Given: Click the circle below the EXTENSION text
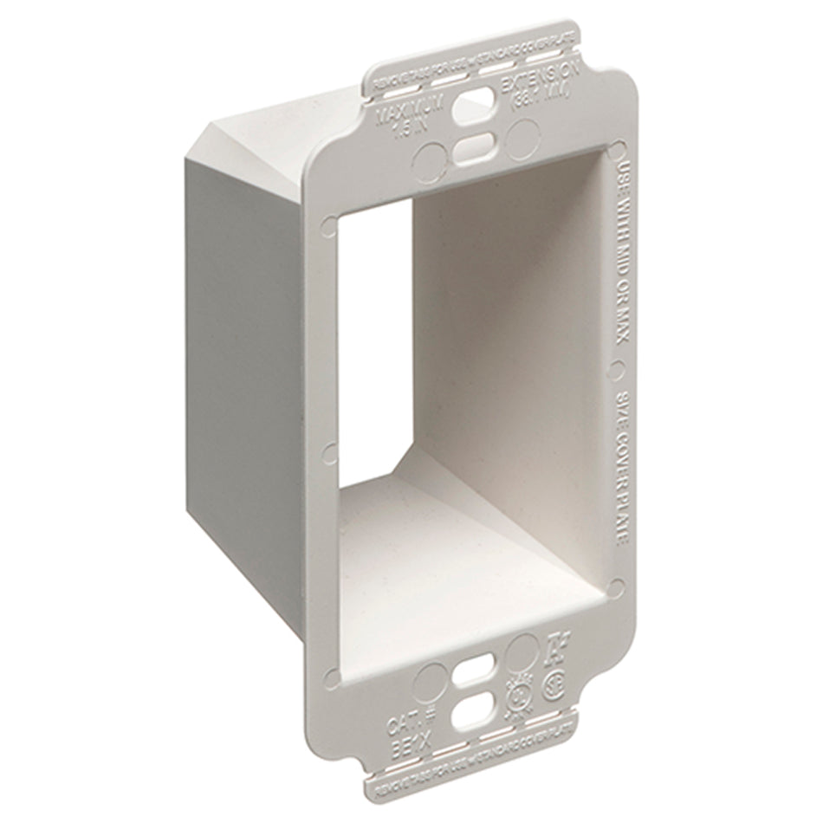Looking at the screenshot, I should coord(525,136).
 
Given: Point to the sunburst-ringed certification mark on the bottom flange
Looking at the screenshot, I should coord(516,698).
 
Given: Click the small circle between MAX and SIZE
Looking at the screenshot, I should coord(616,369).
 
